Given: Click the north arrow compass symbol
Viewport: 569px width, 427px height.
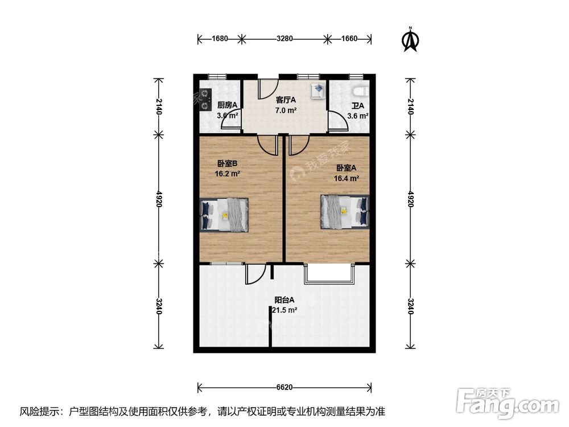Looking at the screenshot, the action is coord(410,40).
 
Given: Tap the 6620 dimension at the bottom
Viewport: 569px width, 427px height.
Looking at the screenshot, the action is coord(284,387).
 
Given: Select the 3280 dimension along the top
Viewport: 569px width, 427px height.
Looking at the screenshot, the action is coord(284,39).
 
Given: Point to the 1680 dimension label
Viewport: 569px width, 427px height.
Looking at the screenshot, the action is coord(220,39).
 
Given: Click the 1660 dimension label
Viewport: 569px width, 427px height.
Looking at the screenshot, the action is coord(349,39).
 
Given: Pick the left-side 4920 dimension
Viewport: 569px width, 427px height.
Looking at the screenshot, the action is coord(158,199).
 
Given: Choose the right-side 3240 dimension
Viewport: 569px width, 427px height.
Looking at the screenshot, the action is coord(410,306).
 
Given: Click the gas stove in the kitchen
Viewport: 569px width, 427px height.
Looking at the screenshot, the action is coord(205,99).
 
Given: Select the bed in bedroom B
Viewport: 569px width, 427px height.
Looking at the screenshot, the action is coord(224,215).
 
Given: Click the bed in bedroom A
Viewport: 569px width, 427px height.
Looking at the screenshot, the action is coord(345,212).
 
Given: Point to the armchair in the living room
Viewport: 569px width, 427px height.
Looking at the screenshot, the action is coord(318,91).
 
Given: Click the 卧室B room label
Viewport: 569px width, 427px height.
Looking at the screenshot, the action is coord(227,164).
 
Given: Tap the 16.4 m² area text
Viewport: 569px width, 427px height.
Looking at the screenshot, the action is coord(347,178).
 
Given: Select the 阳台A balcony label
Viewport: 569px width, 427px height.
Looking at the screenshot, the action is coord(284,300).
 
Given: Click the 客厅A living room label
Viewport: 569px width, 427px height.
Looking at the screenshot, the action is coord(286,100).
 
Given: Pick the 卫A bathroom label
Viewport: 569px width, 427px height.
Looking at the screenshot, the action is coord(358,106).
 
